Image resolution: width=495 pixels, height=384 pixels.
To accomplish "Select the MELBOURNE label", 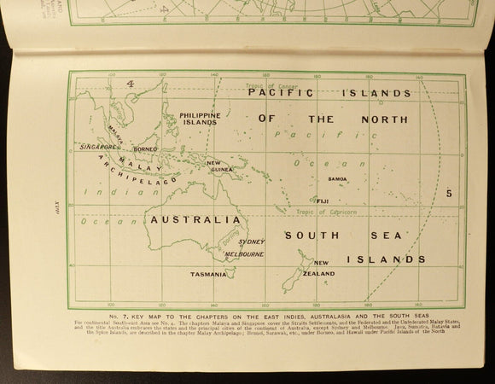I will tap(244, 254).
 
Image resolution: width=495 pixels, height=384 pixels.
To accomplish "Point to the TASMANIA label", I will tap(208, 275).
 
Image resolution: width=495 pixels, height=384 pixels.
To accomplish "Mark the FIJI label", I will tap(323, 200).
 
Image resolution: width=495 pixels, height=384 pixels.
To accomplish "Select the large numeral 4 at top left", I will tap(131, 84).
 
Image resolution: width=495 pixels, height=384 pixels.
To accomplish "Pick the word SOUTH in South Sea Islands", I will tap(312, 235).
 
